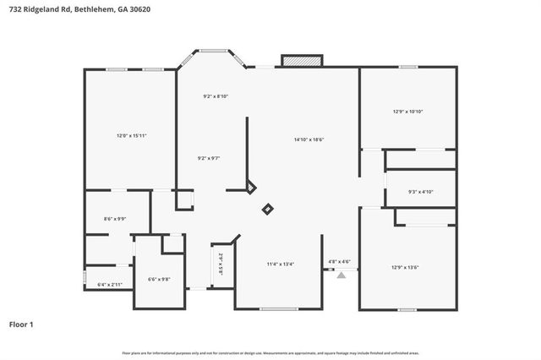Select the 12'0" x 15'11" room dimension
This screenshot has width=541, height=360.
click(131, 135)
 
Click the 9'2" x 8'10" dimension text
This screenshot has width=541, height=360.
click(216, 96)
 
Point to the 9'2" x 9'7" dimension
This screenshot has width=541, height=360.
click(208, 158)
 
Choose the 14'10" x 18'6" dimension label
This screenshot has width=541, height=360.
click(309, 139)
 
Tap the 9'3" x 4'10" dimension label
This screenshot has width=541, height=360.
click(420, 192)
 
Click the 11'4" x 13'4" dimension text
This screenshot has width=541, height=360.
click(281, 264)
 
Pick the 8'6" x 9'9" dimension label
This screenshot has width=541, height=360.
click(114, 219)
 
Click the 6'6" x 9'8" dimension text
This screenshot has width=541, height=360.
click(159, 279)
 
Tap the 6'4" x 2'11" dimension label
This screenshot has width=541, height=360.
click(110, 285)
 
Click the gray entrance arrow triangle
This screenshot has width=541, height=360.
click(342, 275)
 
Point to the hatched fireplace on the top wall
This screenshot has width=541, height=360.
click(302, 62)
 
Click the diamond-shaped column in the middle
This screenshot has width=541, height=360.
click(268, 209)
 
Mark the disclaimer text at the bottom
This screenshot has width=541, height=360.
click(270, 352)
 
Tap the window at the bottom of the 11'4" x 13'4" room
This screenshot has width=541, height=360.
click(279, 308)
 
